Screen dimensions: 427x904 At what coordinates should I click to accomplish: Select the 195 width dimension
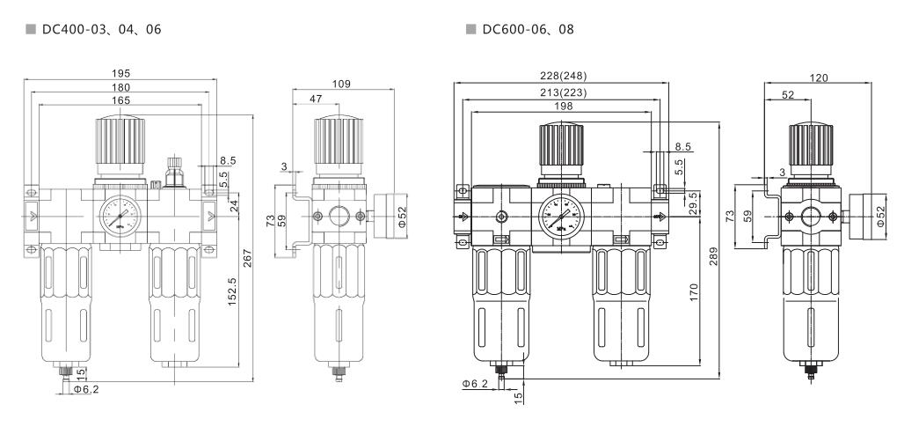pyautogui.click(x=121, y=74)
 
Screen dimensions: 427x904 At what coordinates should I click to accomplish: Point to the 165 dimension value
pyautogui.click(x=121, y=101)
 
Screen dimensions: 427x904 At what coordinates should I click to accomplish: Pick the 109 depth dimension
pyautogui.click(x=342, y=84)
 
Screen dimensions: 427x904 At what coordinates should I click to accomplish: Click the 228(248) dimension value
pyautogui.click(x=562, y=77)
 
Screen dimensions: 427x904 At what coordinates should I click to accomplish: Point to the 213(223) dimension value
pyautogui.click(x=562, y=92)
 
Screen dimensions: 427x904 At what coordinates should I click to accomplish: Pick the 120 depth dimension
pyautogui.click(x=819, y=78)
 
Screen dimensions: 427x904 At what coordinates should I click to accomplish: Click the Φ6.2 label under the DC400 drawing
pyautogui.click(x=86, y=388)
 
